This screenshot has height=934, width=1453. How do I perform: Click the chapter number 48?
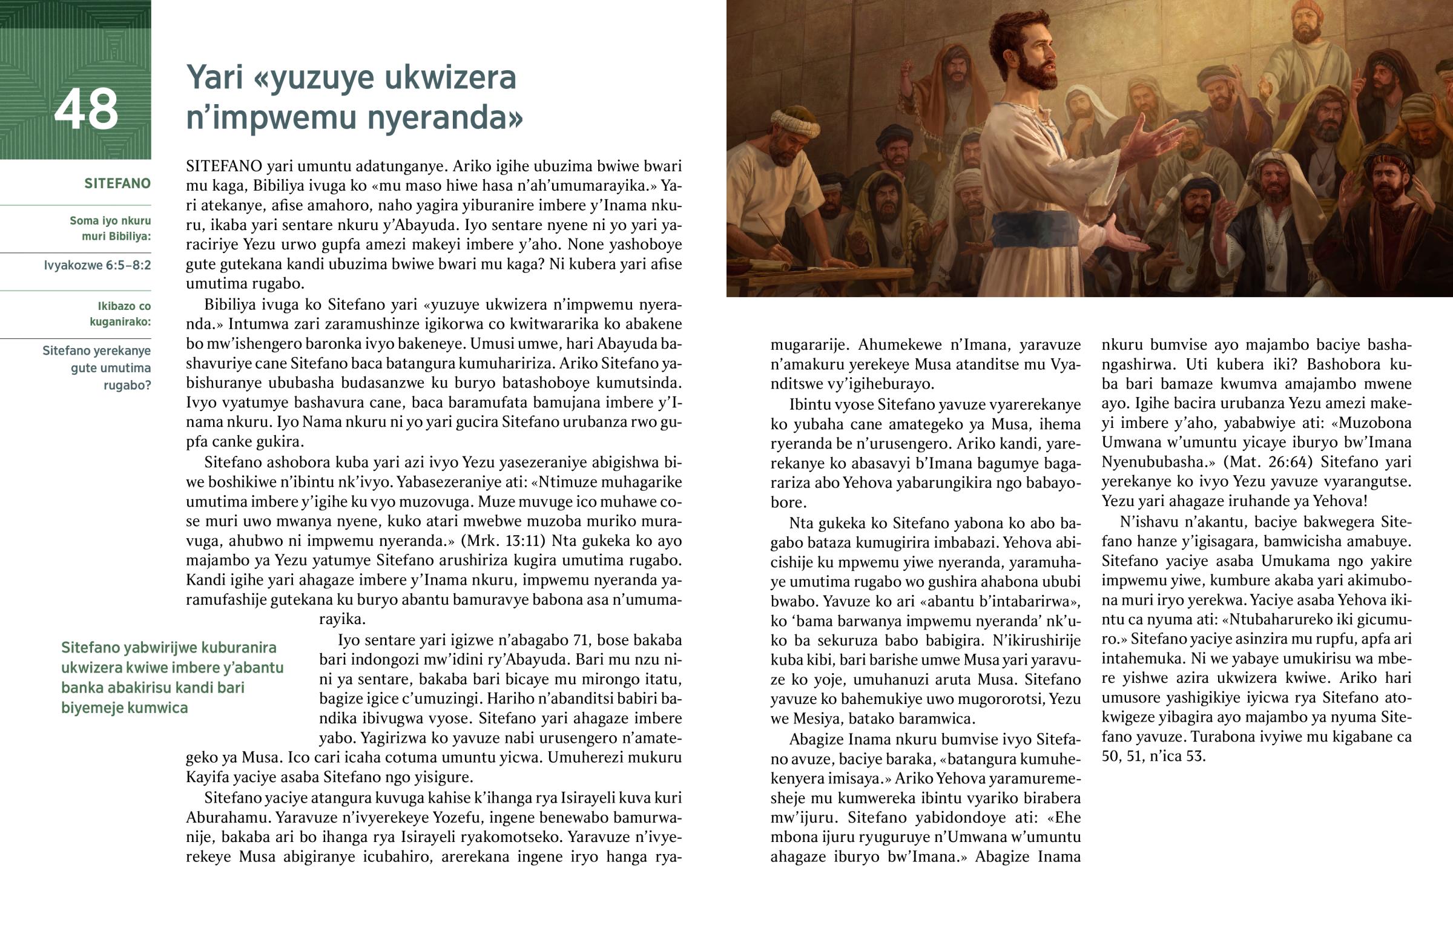[x=86, y=109]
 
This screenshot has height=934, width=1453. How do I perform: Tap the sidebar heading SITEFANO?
[x=117, y=184]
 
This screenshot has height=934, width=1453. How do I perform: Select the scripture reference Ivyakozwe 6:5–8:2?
[x=97, y=265]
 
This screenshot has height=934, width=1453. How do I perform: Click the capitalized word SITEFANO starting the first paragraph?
[x=224, y=166]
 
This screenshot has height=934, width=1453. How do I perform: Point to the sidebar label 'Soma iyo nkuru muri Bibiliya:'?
[x=110, y=229]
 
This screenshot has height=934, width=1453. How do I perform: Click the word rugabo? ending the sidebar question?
[x=127, y=385]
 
